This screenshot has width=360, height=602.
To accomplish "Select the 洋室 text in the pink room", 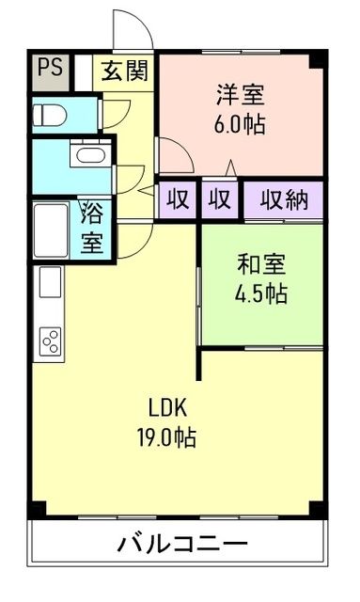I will pyautogui.click(x=241, y=95).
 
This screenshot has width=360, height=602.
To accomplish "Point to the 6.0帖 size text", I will pyautogui.click(x=241, y=123).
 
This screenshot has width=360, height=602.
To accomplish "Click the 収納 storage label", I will pyautogui.click(x=283, y=199).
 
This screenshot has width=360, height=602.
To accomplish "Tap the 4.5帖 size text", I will pyautogui.click(x=260, y=293).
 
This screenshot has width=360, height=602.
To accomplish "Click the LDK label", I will pyautogui.click(x=169, y=408).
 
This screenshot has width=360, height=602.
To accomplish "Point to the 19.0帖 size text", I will pyautogui.click(x=169, y=437).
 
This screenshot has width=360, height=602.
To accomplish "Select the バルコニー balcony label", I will pyautogui.click(x=182, y=544).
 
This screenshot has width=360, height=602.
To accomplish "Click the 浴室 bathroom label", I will pyautogui.click(x=92, y=227).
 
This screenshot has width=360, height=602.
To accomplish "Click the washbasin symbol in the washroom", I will pyautogui.click(x=87, y=156).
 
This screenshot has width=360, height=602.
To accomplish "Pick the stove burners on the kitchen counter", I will pyautogui.click(x=49, y=340).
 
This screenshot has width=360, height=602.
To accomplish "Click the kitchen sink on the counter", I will pyautogui.click(x=49, y=282).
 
